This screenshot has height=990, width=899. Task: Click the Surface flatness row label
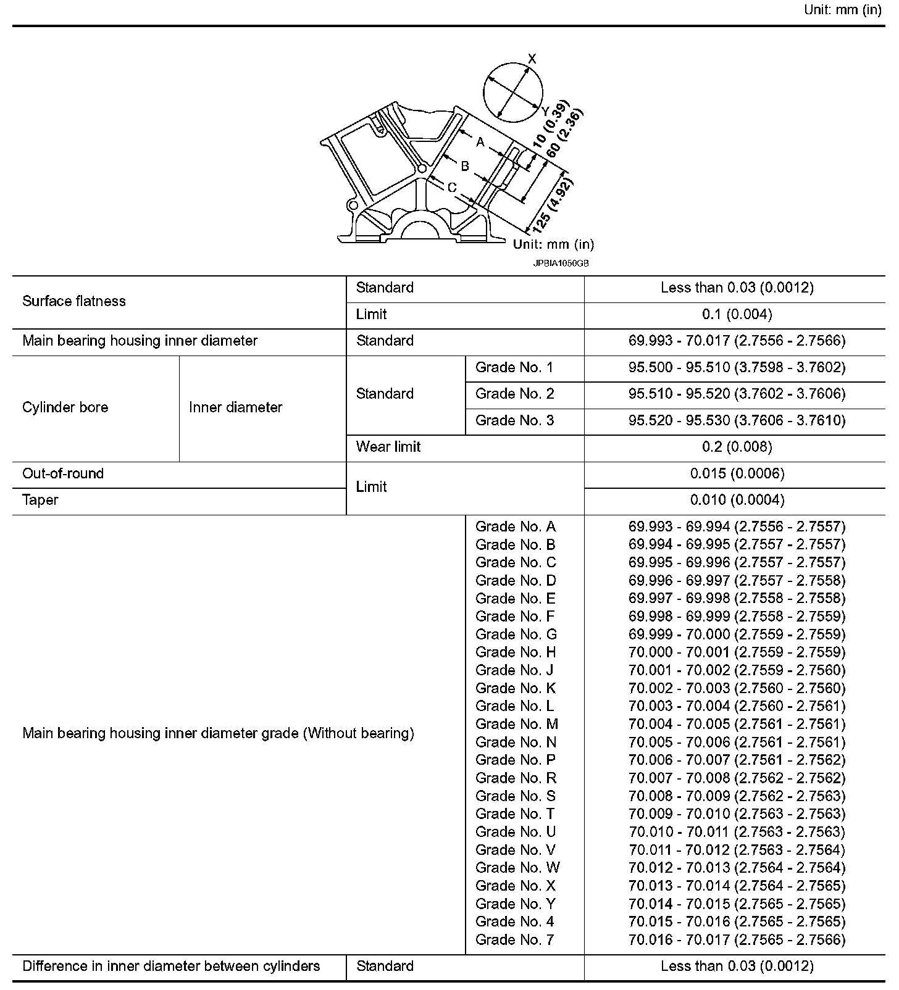click(x=74, y=301)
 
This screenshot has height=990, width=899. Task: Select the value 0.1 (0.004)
click(x=737, y=315)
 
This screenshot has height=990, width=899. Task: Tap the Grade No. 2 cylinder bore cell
click(x=514, y=394)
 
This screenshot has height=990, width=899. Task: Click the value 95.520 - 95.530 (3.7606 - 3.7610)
click(x=737, y=421)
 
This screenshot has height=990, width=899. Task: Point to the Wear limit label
click(x=388, y=447)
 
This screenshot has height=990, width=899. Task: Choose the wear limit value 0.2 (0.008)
click(x=737, y=447)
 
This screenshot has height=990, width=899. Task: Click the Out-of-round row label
click(x=63, y=474)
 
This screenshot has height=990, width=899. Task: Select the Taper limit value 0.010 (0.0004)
click(x=737, y=500)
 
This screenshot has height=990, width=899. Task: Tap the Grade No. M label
click(x=516, y=724)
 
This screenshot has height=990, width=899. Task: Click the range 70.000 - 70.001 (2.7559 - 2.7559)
click(x=737, y=652)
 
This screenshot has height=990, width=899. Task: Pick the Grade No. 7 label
click(x=514, y=940)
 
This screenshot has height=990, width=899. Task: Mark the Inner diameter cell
click(x=235, y=407)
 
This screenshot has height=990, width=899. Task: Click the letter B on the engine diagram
click(x=465, y=166)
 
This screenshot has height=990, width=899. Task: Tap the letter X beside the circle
click(x=532, y=59)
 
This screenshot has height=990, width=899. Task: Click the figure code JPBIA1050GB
click(x=561, y=263)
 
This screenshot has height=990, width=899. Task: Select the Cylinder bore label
click(x=65, y=407)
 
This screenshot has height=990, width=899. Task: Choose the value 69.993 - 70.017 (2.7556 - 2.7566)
click(x=737, y=341)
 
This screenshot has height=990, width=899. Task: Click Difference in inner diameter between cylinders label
click(x=171, y=967)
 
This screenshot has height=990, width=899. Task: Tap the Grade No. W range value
click(x=737, y=868)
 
